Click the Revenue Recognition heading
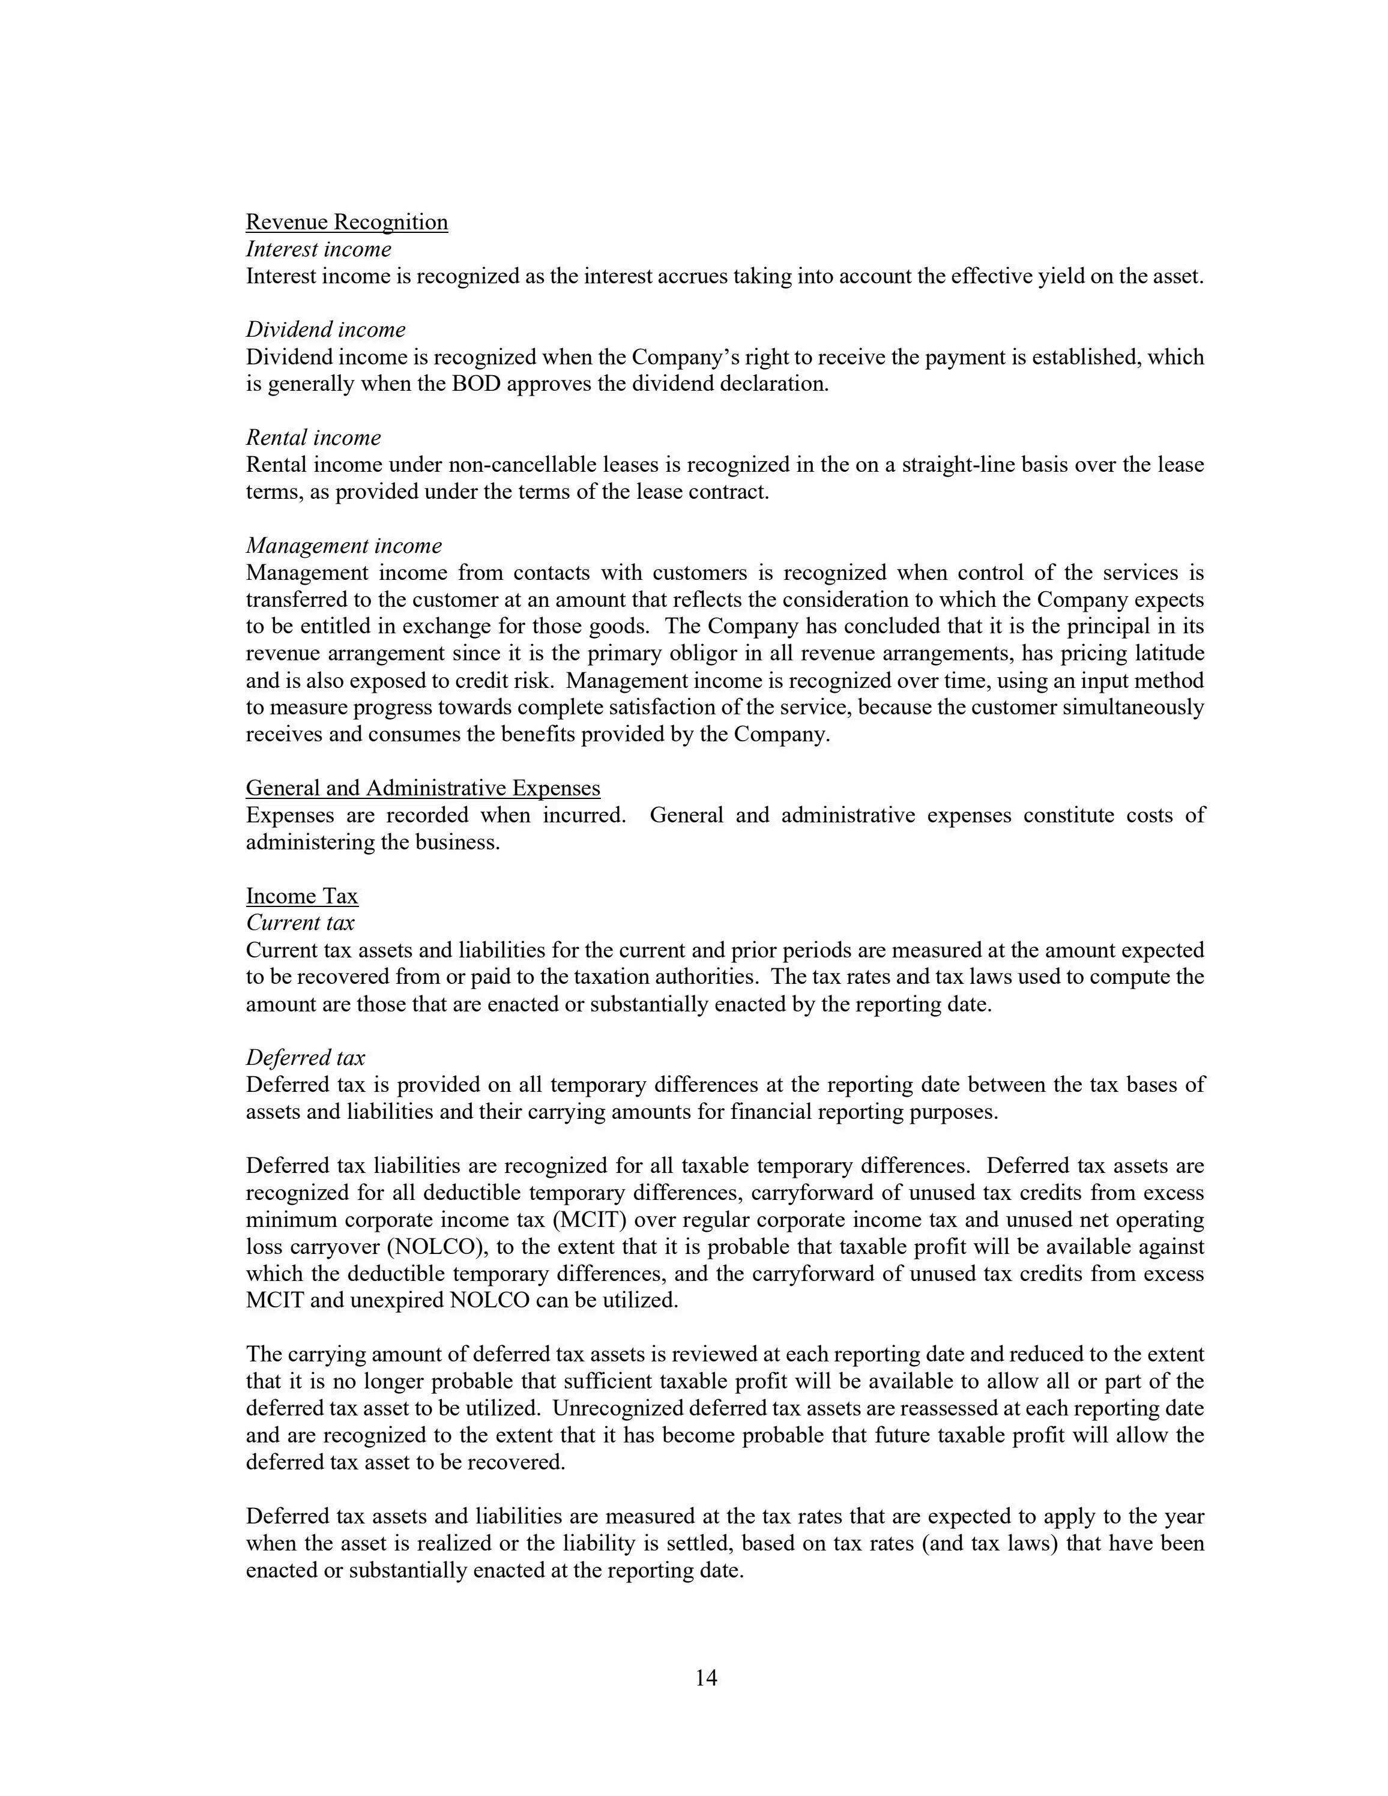point(346,222)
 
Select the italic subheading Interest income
point(318,249)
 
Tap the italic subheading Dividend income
point(325,330)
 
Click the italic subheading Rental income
point(313,438)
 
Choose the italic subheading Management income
point(344,545)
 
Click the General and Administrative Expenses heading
point(423,788)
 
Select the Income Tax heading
point(302,896)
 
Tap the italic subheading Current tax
point(300,923)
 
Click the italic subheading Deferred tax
point(305,1058)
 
